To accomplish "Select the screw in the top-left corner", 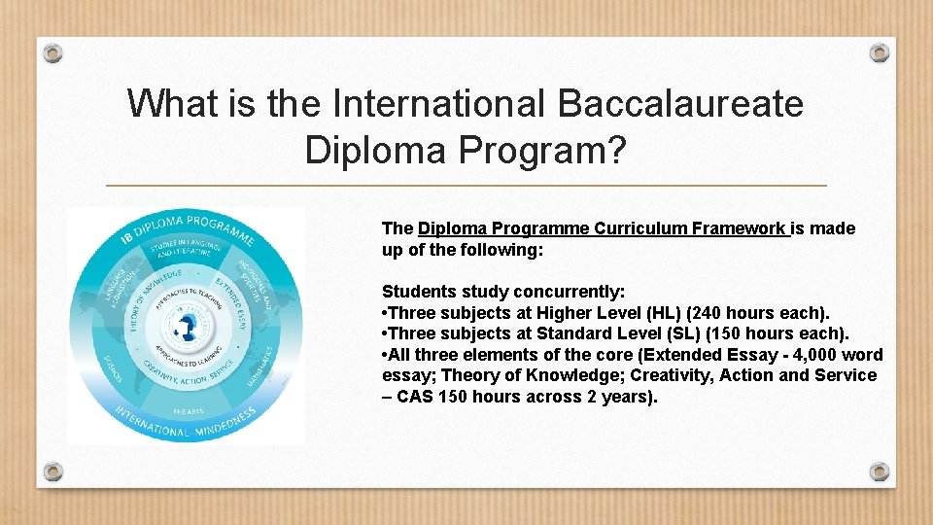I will click(x=53, y=52).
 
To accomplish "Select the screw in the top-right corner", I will click(x=879, y=52).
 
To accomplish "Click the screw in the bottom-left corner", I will click(x=53, y=472).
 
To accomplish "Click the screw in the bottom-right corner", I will click(x=879, y=472).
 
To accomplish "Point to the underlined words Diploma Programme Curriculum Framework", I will click(x=603, y=228).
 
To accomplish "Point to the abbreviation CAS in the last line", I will click(x=415, y=397).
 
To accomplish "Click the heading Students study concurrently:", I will click(x=503, y=292).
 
